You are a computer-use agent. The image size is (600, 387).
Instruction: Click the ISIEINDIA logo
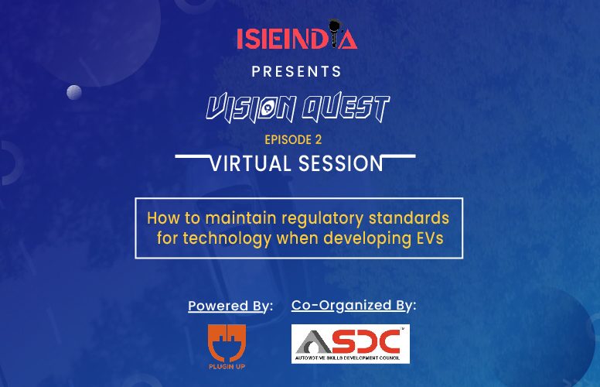click(x=297, y=35)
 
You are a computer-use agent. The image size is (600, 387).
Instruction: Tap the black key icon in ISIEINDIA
click(x=335, y=33)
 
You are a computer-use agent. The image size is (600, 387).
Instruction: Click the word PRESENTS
click(x=297, y=72)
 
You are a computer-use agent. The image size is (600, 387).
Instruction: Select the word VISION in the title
click(x=251, y=108)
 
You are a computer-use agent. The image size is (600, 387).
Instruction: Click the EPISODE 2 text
click(x=293, y=139)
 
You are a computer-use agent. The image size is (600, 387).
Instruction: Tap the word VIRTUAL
click(x=251, y=163)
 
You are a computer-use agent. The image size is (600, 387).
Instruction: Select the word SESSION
click(x=340, y=163)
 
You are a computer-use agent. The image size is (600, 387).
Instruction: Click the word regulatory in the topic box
click(x=322, y=219)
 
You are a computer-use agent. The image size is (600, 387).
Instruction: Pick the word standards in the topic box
click(x=409, y=218)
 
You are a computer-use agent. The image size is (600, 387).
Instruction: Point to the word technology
click(x=227, y=238)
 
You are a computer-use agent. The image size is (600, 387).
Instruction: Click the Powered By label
click(x=230, y=307)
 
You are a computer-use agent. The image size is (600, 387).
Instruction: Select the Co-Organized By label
click(x=353, y=306)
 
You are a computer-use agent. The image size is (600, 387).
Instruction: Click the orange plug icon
click(x=227, y=343)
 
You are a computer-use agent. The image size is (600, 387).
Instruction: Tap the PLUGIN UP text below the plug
click(x=227, y=367)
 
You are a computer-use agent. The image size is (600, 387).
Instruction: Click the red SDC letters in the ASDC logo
click(x=363, y=341)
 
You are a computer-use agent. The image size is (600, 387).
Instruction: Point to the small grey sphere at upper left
click(x=74, y=92)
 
